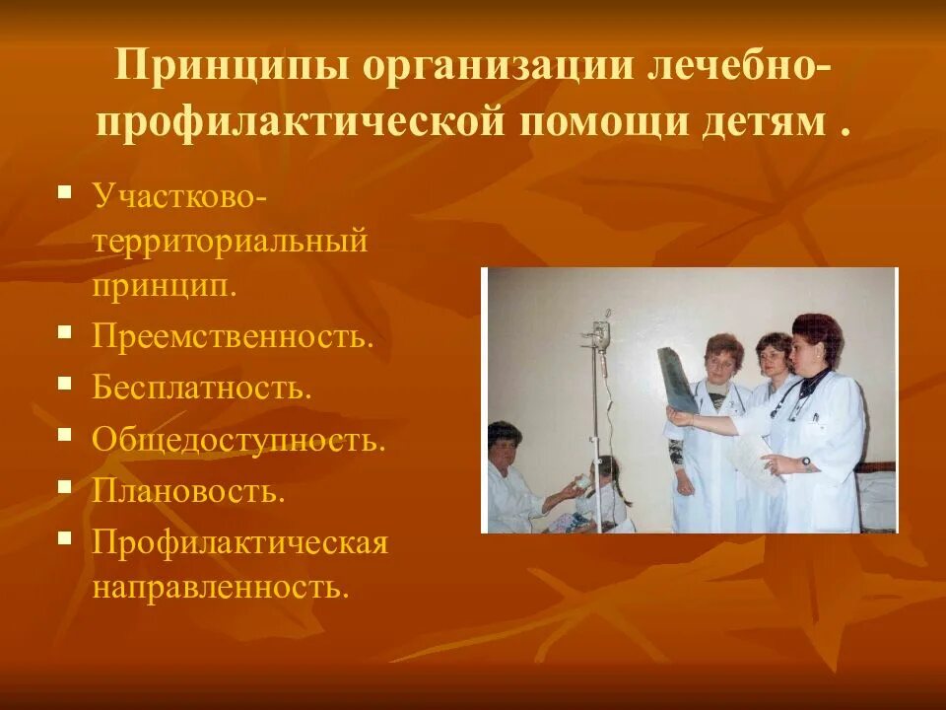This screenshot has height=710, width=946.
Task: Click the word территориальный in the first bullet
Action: tap(231, 241)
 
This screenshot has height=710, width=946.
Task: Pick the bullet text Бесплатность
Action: tap(202, 386)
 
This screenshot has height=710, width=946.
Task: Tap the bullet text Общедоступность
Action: tap(239, 439)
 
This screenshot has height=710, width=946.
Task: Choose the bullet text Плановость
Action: tap(189, 490)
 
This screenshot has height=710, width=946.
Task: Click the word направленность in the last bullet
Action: tap(222, 588)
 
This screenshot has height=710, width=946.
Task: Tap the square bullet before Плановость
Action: tap(65, 485)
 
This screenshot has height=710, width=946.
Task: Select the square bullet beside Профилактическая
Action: tap(65, 537)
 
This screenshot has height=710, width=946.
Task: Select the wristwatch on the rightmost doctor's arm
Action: tap(805, 461)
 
